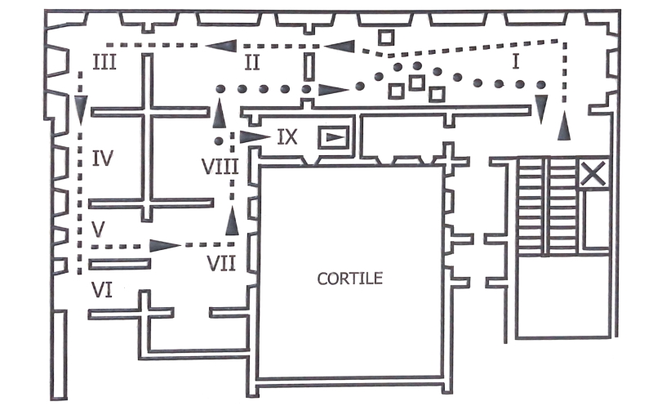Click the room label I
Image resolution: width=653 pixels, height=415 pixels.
tap(516, 61)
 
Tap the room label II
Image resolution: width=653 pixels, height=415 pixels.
tap(252, 63)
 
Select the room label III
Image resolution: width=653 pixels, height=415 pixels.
tap(104, 63)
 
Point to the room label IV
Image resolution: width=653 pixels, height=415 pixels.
tap(103, 158)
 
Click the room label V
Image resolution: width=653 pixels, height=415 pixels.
tap(98, 230)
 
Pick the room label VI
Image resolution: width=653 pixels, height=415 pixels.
tap(102, 290)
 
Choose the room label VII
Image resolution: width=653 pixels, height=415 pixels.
tap(221, 263)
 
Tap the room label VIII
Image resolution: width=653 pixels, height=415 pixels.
tap(220, 167)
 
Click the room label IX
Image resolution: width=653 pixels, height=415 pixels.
tap(287, 137)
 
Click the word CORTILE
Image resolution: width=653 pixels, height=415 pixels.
tap(350, 279)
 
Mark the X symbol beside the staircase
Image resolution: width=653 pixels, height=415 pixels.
tap(593, 173)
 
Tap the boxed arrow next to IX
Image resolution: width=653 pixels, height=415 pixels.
tap(333, 137)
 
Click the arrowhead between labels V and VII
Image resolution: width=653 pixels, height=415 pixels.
tap(165, 245)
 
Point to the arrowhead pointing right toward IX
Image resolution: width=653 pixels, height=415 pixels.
tap(255, 136)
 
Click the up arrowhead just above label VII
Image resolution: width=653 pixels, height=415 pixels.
tap(232, 221)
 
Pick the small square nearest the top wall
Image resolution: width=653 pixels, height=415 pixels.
tap(386, 37)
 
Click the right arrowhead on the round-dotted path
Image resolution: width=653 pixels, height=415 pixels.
tap(334, 89)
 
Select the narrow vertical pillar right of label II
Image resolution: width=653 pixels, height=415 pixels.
tap(309, 67)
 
